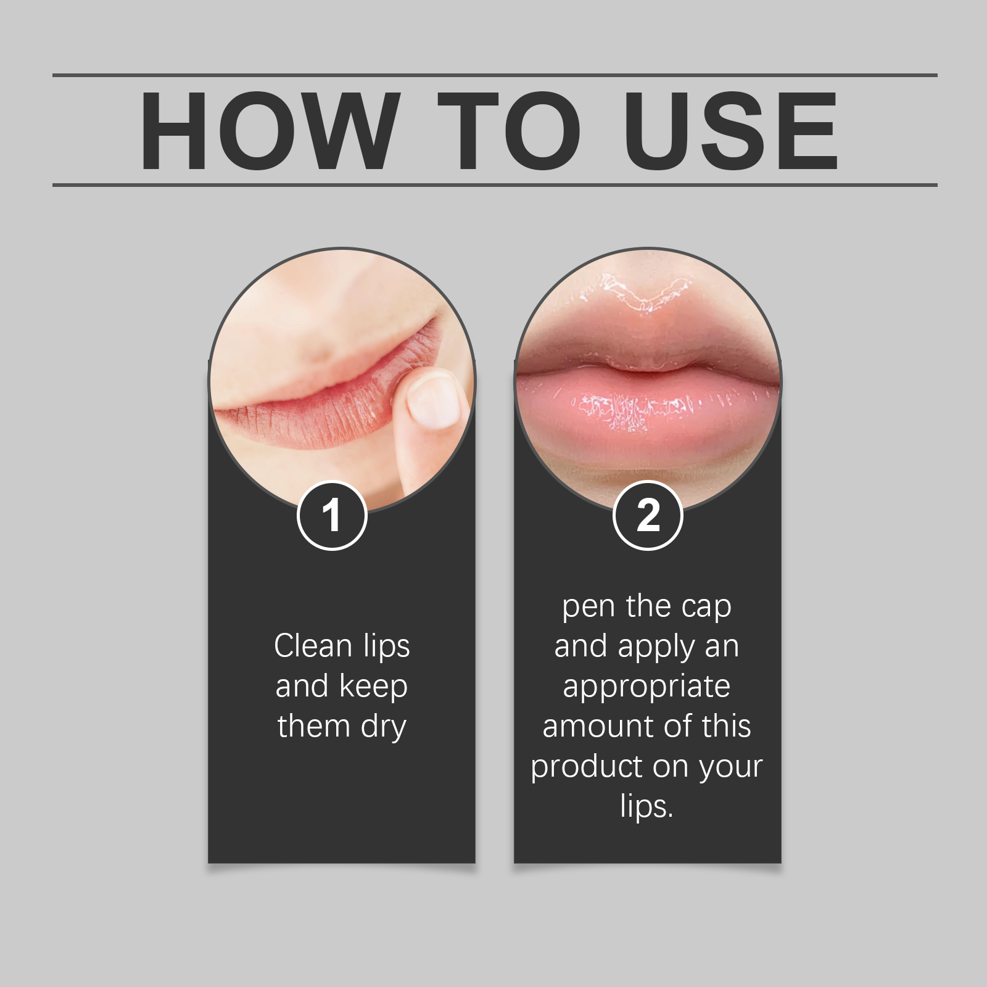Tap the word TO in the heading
tap(510, 131)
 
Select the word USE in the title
tap(731, 131)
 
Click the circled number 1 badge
tap(332, 515)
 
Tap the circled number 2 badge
tap(648, 515)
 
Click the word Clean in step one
tap(313, 646)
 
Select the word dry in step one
tap(384, 727)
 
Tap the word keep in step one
tap(373, 687)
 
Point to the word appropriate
tap(646, 687)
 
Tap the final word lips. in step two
tap(646, 807)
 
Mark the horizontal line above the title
tap(493, 75)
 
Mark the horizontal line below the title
tap(493, 184)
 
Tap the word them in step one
tap(313, 727)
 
